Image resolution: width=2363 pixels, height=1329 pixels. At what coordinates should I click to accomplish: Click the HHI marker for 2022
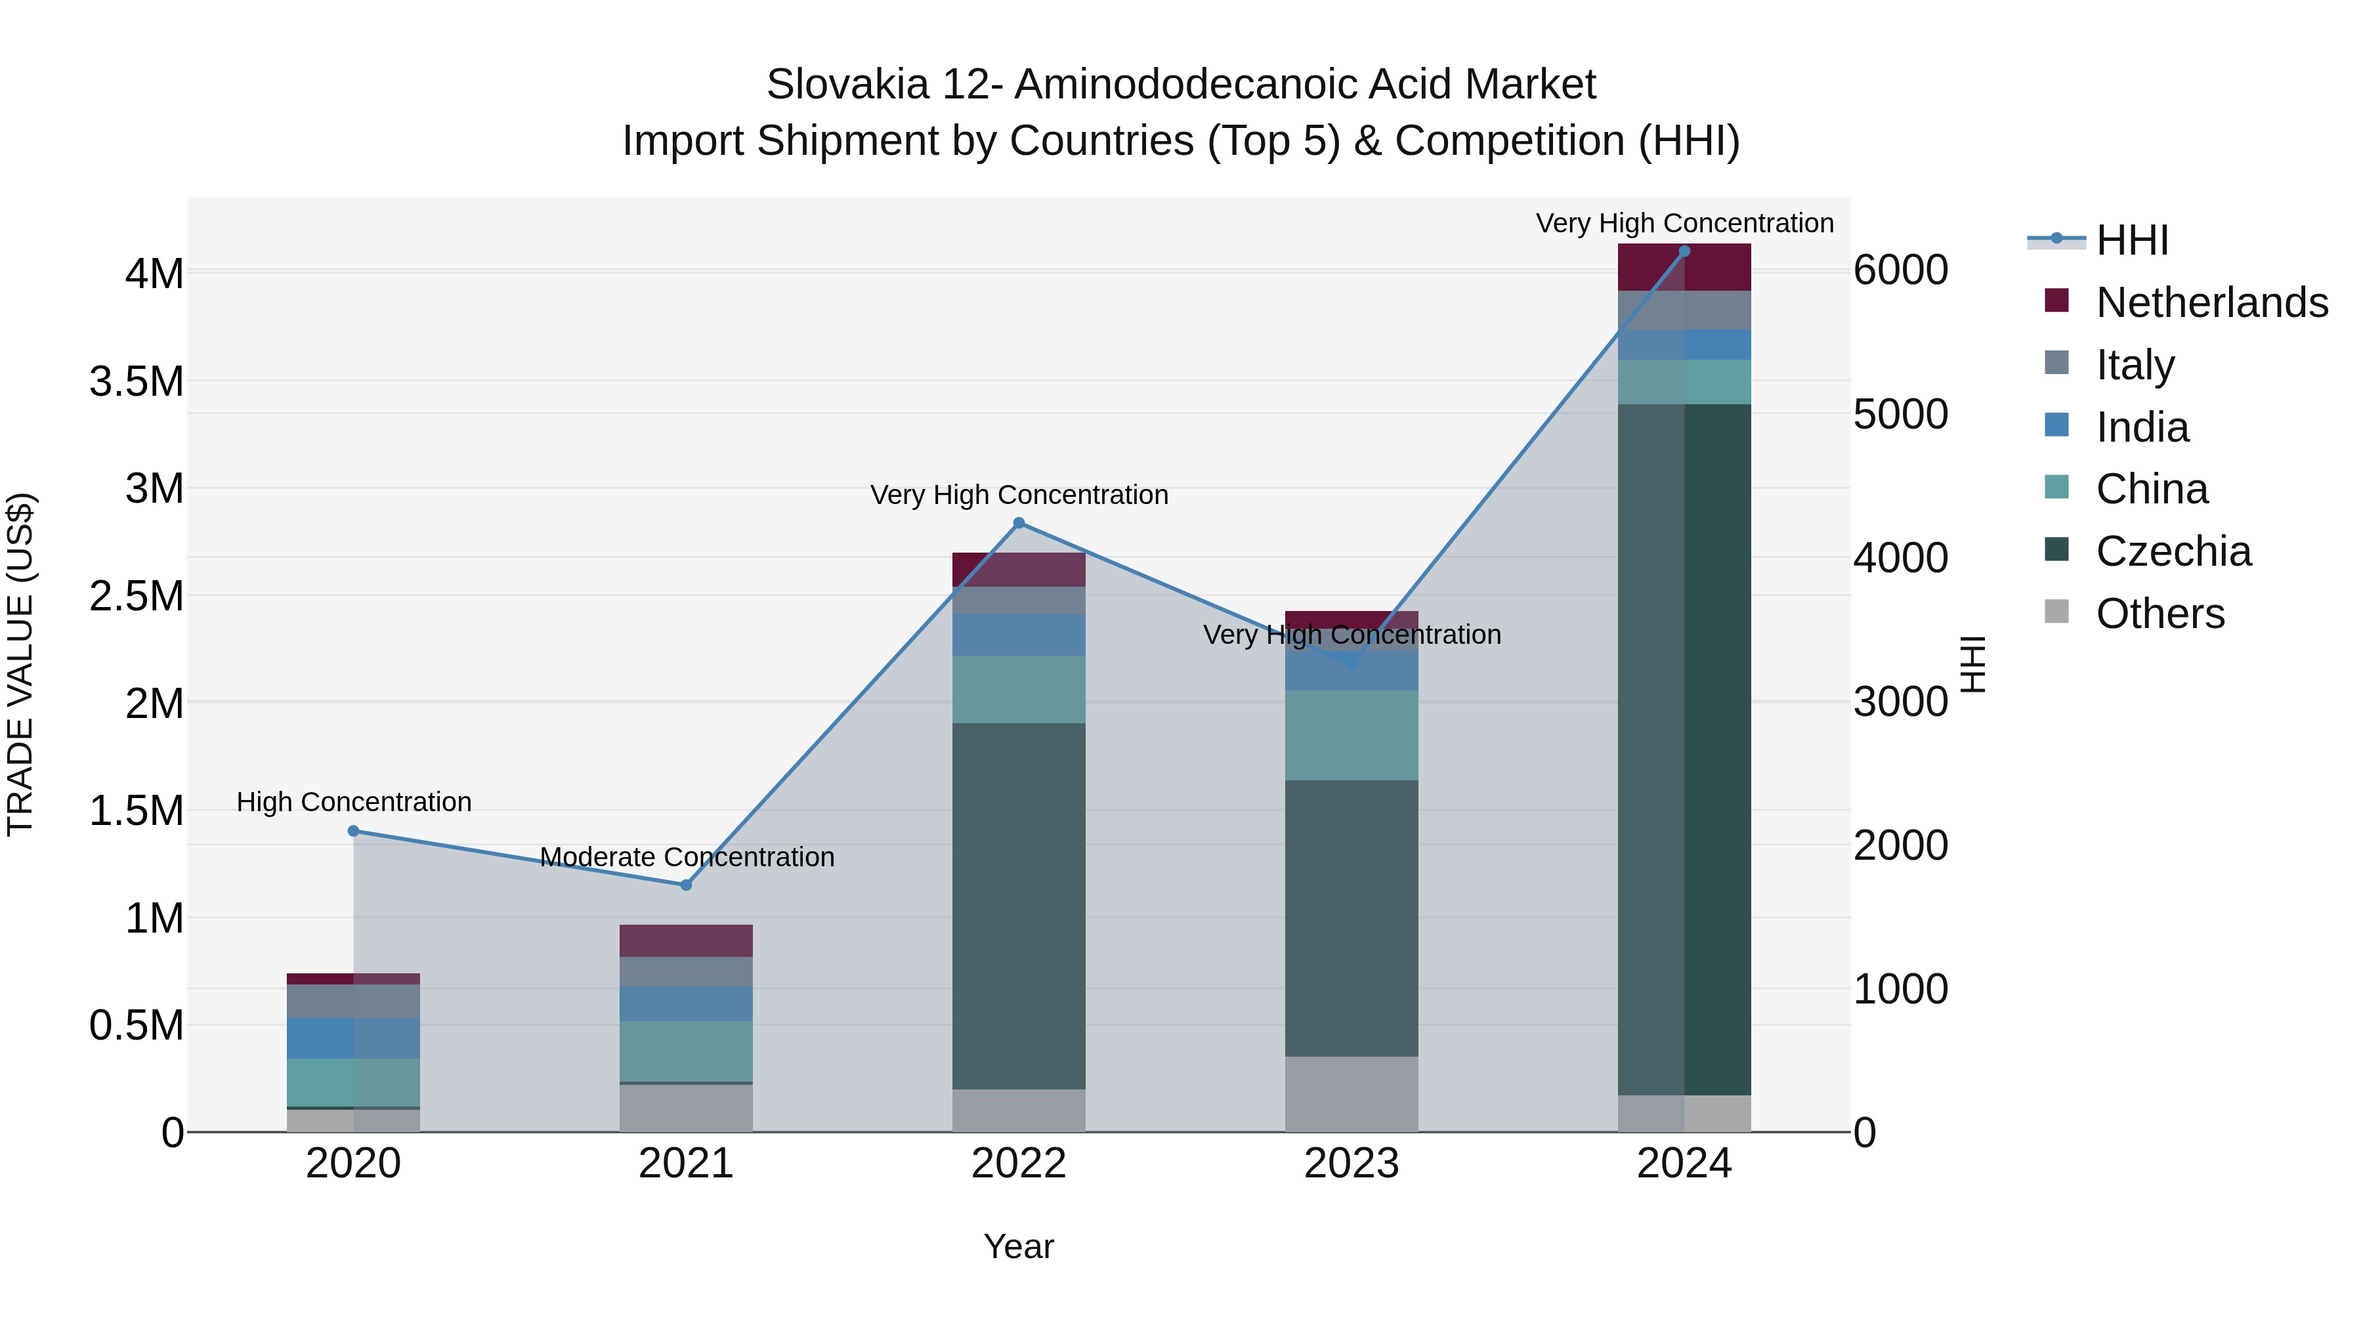(x=1018, y=523)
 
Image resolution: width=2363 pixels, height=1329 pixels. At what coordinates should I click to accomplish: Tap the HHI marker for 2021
(x=685, y=885)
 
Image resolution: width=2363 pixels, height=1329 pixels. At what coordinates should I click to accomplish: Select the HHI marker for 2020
(x=353, y=831)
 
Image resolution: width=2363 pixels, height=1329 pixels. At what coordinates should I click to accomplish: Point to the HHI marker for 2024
(x=1684, y=251)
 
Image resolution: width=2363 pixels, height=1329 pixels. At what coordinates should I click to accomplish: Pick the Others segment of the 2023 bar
(x=1352, y=1093)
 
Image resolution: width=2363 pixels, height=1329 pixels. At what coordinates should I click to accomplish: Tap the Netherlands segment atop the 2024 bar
(x=1684, y=268)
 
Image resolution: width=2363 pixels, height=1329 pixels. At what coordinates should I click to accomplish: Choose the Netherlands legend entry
(x=2211, y=303)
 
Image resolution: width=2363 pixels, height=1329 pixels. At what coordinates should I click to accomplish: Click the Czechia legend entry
(x=2172, y=551)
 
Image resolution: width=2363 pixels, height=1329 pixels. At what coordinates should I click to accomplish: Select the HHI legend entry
(x=2131, y=240)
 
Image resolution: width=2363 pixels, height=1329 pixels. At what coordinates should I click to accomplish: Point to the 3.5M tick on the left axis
(x=137, y=381)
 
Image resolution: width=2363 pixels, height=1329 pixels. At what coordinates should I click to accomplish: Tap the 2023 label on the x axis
(x=1352, y=1164)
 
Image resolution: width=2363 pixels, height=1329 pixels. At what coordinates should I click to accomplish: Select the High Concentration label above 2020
(x=354, y=801)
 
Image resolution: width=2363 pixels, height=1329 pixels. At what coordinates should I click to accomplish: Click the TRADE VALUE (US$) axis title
(x=21, y=664)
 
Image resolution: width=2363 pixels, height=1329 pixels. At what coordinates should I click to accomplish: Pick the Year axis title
(x=1018, y=1246)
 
